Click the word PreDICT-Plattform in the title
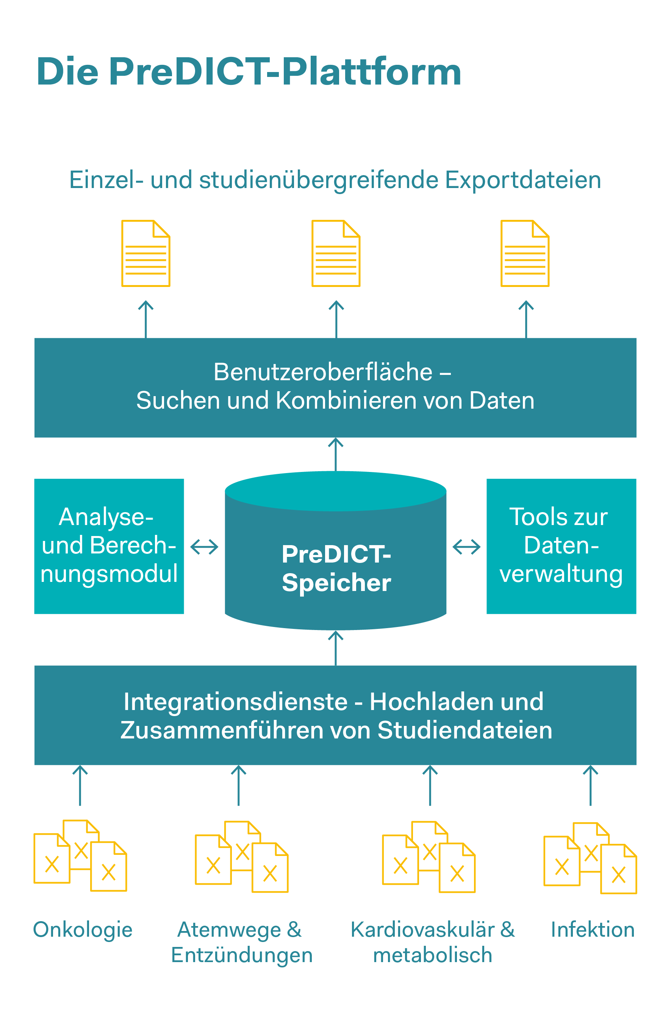(285, 72)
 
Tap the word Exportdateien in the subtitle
(522, 180)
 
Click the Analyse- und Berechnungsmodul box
(109, 546)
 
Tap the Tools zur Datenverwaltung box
(561, 546)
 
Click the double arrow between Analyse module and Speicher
(204, 547)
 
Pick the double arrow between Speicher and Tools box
(466, 547)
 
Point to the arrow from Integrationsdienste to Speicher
(336, 647)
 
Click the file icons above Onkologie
(80, 856)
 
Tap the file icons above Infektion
(590, 858)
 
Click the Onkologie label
(83, 929)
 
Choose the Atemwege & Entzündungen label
(241, 942)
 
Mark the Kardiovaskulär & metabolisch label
(433, 942)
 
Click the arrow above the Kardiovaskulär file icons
(430, 785)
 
